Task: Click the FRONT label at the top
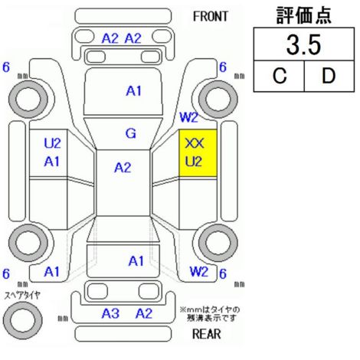pos(210,17)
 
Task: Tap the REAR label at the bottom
pos(206,334)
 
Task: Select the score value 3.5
pos(303,44)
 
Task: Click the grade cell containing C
pos(280,76)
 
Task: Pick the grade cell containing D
pos(329,76)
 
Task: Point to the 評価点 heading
pos(304,15)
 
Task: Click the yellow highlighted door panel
pos(198,153)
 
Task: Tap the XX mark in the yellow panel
pos(195,143)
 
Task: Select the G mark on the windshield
pos(131,133)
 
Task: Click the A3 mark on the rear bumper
pos(110,313)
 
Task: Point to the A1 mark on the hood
pos(133,91)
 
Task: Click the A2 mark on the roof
pos(123,168)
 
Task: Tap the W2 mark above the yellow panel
pos(188,117)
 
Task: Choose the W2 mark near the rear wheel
pos(199,271)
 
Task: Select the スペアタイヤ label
pos(22,296)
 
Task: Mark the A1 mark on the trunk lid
pos(136,261)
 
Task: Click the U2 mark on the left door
pos(52,143)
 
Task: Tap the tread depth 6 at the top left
pos(6,67)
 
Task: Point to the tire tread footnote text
pos(210,314)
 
